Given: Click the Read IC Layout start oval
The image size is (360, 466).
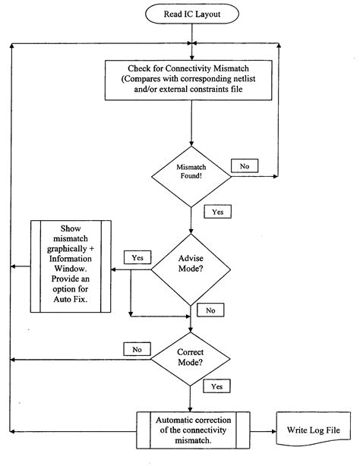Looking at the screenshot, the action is [x=192, y=14].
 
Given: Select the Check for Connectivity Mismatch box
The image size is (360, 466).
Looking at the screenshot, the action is [x=188, y=80].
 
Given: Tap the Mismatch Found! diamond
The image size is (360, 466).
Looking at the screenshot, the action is [x=191, y=177].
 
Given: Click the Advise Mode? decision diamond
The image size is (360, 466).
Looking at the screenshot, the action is [x=191, y=269].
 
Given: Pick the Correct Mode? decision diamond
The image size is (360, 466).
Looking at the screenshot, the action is [x=191, y=359].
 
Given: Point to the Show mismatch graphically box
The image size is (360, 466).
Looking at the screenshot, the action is [x=71, y=266].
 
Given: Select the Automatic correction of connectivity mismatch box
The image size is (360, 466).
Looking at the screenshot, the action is [x=193, y=430].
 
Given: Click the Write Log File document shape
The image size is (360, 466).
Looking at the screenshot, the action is [x=313, y=429].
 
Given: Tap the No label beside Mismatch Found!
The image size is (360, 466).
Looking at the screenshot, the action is [x=245, y=166].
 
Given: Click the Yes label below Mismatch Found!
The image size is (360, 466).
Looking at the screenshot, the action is [x=217, y=212].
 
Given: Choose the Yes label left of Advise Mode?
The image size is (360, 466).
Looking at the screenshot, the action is [x=137, y=257].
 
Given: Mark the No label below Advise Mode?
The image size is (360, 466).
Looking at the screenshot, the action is [x=210, y=310].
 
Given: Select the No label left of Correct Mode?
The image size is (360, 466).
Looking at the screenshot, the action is [x=137, y=349].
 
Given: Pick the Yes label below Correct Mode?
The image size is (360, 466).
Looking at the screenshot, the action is [x=217, y=386].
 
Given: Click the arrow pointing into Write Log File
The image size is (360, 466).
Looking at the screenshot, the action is [x=264, y=431].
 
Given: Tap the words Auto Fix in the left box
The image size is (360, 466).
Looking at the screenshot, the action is [x=71, y=299].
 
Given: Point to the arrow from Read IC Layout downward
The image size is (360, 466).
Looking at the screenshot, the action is [x=192, y=42].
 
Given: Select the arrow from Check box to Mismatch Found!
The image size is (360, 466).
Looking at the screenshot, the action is [x=191, y=123].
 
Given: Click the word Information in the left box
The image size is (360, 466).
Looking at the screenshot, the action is [x=71, y=259].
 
